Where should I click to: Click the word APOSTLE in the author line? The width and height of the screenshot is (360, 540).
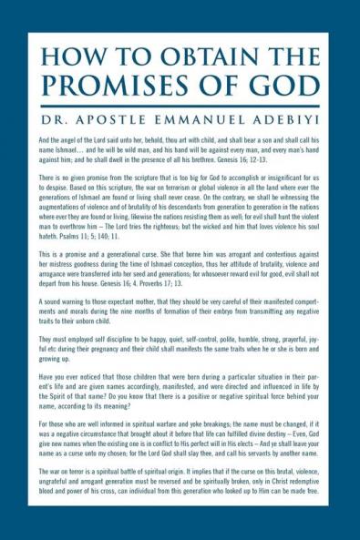(x=111, y=118)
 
